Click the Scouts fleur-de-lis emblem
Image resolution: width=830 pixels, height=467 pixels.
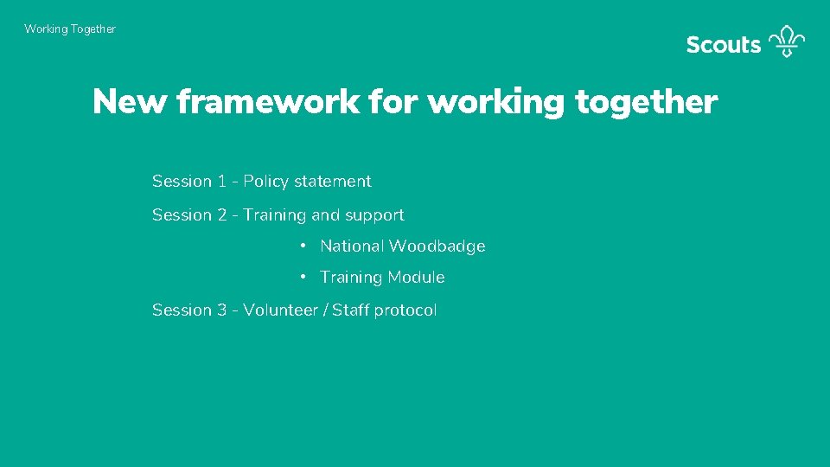787,41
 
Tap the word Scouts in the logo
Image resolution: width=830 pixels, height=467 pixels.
723,45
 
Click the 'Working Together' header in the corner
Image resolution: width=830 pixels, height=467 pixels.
70,29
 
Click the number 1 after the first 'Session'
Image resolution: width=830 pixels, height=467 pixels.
222,182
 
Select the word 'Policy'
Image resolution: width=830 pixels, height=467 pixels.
266,182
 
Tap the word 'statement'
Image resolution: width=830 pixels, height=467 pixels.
333,182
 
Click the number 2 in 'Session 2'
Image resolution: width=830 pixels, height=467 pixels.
222,215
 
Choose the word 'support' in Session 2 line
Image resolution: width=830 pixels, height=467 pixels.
375,216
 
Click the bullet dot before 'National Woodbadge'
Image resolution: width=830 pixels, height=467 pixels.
303,246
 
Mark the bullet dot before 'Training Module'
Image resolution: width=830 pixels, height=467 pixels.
303,278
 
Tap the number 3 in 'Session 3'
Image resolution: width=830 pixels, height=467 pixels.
222,310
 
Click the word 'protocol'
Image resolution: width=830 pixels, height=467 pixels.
405,310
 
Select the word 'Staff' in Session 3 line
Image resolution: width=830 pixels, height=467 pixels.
351,310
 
